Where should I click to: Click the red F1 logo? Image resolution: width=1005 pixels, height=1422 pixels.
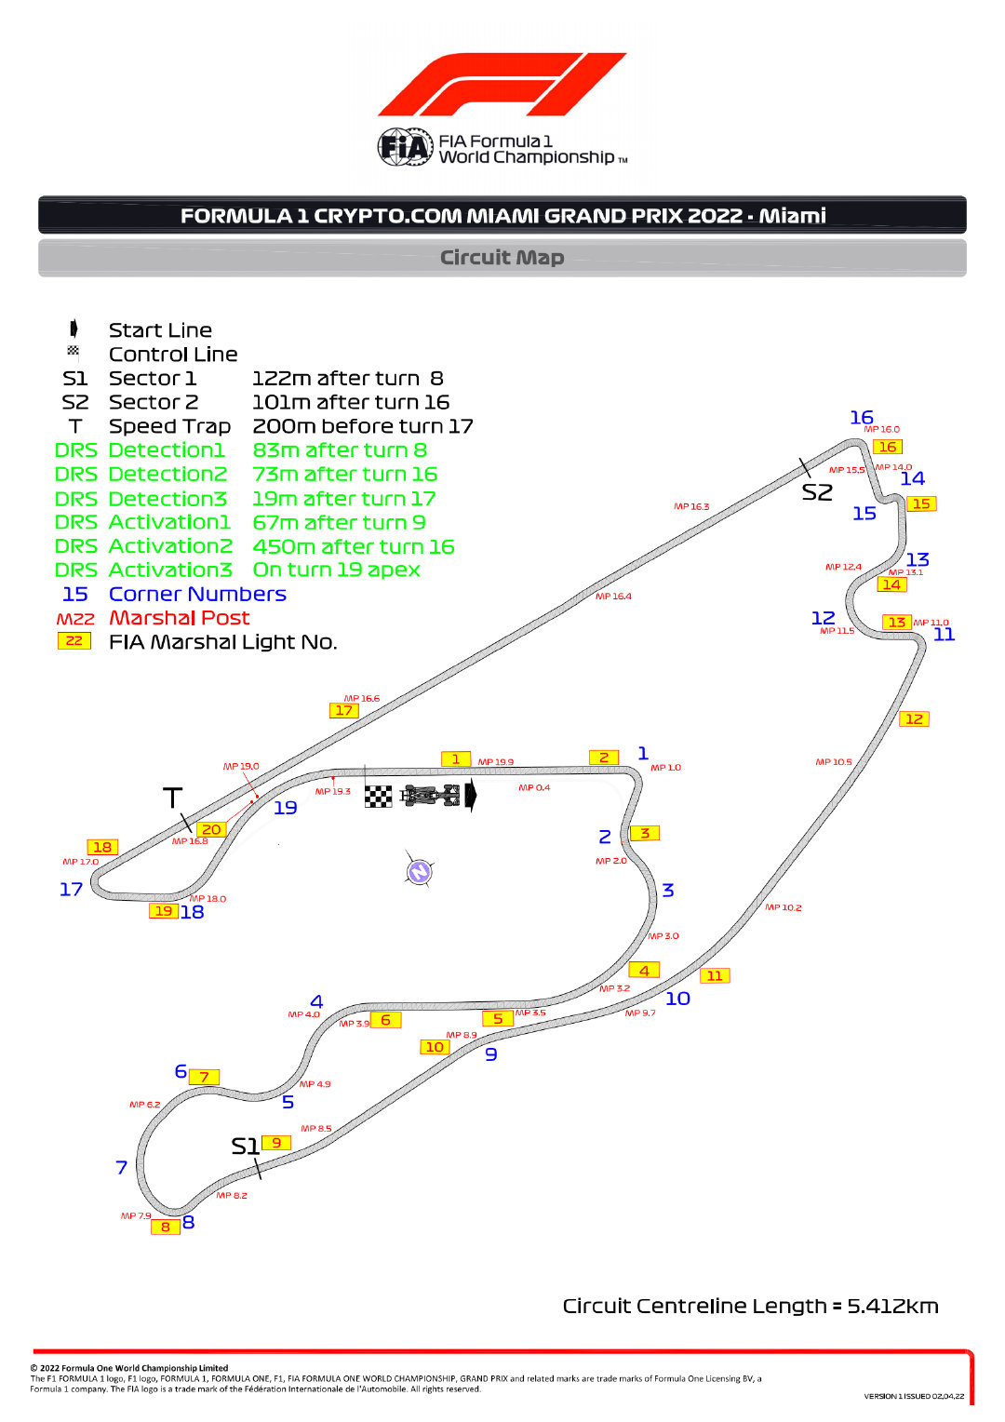(502, 85)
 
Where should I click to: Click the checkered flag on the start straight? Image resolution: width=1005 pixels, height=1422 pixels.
(379, 796)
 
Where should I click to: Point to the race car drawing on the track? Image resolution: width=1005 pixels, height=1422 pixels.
(430, 795)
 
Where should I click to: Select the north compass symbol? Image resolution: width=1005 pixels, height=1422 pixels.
(419, 871)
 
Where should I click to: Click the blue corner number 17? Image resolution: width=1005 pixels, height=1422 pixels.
(71, 890)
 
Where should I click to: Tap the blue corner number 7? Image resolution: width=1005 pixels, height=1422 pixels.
(122, 1167)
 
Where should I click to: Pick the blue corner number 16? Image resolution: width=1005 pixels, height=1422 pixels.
(862, 417)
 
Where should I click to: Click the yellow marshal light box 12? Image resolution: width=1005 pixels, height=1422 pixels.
(914, 718)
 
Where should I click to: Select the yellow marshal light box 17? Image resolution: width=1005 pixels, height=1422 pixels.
(344, 710)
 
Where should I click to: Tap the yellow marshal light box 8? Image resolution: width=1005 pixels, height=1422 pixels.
(166, 1227)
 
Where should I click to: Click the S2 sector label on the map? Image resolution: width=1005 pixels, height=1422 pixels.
(817, 492)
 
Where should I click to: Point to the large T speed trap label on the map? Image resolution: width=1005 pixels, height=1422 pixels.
(173, 798)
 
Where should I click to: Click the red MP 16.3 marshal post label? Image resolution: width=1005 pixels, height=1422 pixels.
(691, 506)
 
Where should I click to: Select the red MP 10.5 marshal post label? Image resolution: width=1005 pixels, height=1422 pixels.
(834, 762)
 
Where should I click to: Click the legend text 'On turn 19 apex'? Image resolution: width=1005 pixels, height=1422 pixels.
(337, 570)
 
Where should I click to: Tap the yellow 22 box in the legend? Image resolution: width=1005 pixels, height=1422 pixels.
(74, 640)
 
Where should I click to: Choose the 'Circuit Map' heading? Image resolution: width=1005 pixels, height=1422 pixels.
(502, 257)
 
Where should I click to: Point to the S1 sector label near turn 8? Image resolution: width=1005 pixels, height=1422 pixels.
(245, 1146)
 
